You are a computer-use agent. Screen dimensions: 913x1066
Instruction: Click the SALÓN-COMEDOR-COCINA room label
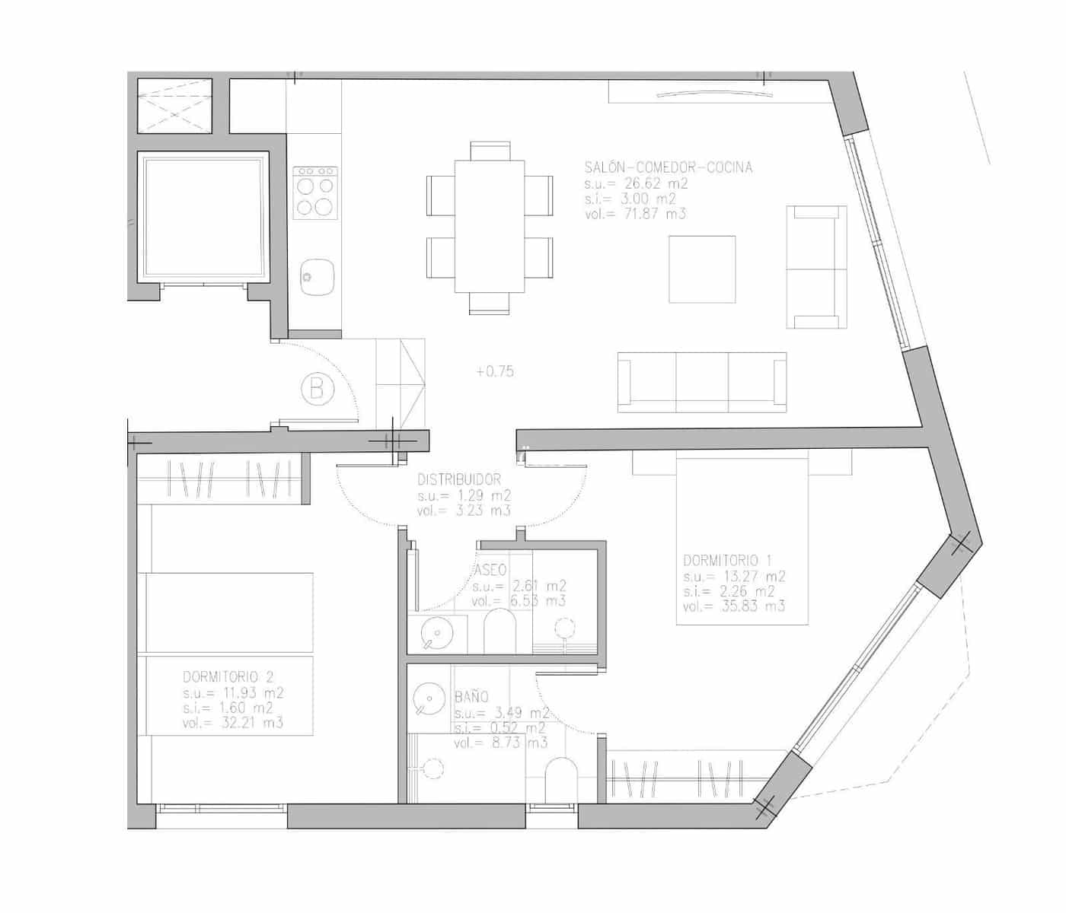(668, 167)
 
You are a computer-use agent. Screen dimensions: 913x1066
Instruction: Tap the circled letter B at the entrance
(318, 390)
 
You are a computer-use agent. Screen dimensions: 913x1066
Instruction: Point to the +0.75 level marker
(495, 372)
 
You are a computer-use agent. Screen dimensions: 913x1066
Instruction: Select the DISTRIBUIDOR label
(459, 480)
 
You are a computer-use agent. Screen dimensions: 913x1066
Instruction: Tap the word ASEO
(491, 571)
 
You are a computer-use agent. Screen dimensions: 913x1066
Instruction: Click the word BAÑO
(471, 696)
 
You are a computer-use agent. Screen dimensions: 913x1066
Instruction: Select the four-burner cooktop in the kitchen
(315, 194)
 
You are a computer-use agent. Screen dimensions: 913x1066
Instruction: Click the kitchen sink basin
(316, 276)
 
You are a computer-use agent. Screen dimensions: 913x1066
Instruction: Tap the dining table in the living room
(490, 226)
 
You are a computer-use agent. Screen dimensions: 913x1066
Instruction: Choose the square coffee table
(702, 269)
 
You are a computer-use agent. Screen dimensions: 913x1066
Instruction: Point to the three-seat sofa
(701, 382)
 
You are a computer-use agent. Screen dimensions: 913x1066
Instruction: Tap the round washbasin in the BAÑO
(430, 699)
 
